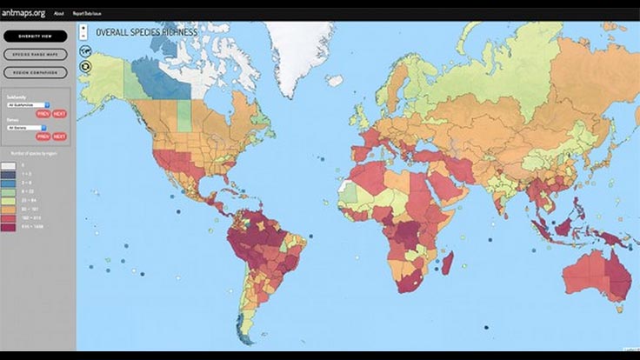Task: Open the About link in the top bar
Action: pos(59,14)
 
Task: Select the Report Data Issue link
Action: pos(90,14)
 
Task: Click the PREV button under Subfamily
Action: pos(43,114)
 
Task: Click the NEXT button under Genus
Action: pos(59,137)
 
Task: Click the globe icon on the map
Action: pos(85,50)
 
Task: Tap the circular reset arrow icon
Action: pos(85,64)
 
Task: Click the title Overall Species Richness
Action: pos(146,32)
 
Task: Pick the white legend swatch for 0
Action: pos(9,165)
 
